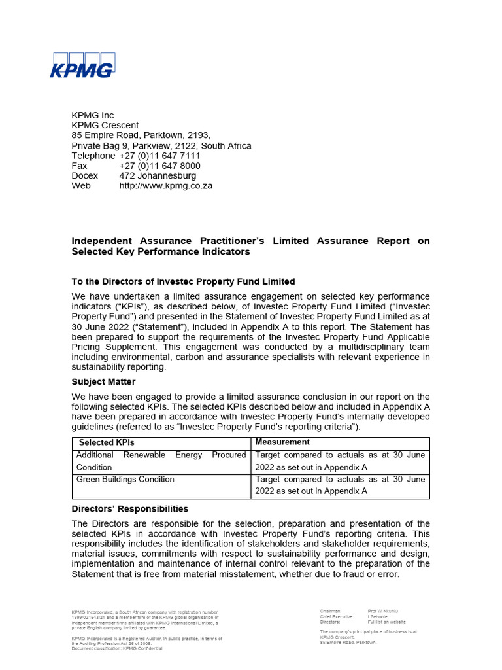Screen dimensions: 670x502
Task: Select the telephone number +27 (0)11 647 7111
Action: [x=159, y=156]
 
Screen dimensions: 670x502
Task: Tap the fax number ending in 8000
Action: [x=159, y=166]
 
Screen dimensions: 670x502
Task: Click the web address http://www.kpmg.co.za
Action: [x=165, y=186]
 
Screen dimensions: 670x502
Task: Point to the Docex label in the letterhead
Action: [x=85, y=176]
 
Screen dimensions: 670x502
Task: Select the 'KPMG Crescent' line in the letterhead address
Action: [x=105, y=126]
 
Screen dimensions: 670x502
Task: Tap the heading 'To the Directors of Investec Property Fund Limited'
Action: [x=183, y=281]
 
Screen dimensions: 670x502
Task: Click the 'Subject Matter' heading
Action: [x=103, y=381]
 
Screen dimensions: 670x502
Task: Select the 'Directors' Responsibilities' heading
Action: [x=129, y=508]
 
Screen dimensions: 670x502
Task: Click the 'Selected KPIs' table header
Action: [x=107, y=443]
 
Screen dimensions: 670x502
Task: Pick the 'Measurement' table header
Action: [x=282, y=442]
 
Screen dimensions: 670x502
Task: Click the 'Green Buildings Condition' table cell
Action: [x=125, y=480]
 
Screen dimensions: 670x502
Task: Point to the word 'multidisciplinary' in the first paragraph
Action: [x=351, y=347]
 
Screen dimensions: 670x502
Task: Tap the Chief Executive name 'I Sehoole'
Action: [x=378, y=616]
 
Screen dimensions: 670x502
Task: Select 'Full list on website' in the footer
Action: [x=386, y=622]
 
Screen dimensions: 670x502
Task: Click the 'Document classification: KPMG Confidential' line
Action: [x=116, y=648]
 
